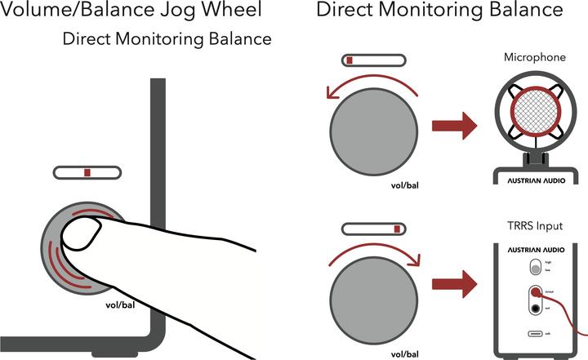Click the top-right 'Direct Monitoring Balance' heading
click(439, 11)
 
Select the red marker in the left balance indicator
click(87, 173)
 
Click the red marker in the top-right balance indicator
click(349, 60)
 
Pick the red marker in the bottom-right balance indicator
click(397, 229)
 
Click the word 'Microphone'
click(535, 57)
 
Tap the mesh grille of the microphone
click(535, 118)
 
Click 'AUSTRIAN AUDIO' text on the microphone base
click(535, 180)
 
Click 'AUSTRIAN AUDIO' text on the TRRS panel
click(536, 249)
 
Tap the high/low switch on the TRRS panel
click(536, 267)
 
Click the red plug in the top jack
click(536, 292)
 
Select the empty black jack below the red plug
click(536, 308)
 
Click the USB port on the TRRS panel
click(536, 335)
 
